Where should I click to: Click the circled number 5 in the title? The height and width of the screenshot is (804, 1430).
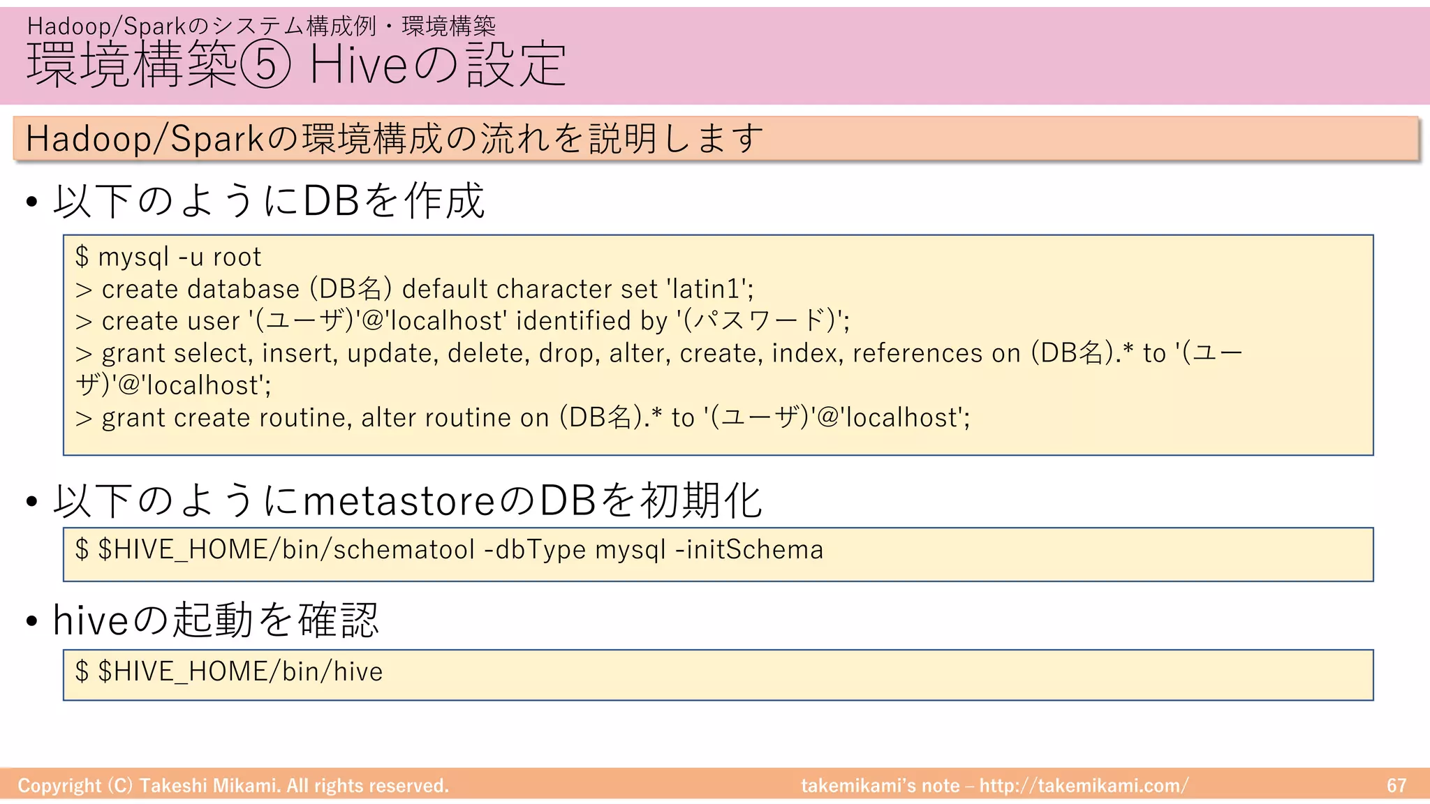click(265, 64)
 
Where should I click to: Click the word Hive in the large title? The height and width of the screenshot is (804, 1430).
click(357, 64)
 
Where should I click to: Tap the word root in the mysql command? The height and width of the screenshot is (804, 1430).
click(237, 258)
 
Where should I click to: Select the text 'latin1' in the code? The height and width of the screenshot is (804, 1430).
click(708, 289)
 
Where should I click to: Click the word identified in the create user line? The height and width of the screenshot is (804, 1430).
click(573, 321)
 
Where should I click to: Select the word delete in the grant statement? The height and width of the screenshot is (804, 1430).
click(489, 353)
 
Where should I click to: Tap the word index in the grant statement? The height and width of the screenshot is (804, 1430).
click(808, 353)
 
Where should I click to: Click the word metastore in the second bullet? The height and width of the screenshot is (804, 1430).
click(398, 501)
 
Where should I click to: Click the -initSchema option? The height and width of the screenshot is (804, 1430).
click(749, 550)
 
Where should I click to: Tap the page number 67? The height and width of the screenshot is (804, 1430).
click(1396, 786)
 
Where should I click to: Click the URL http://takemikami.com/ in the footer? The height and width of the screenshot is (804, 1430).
click(1083, 786)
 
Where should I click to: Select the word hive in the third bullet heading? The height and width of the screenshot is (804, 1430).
click(91, 620)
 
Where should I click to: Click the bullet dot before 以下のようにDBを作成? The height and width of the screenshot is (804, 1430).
click(31, 203)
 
